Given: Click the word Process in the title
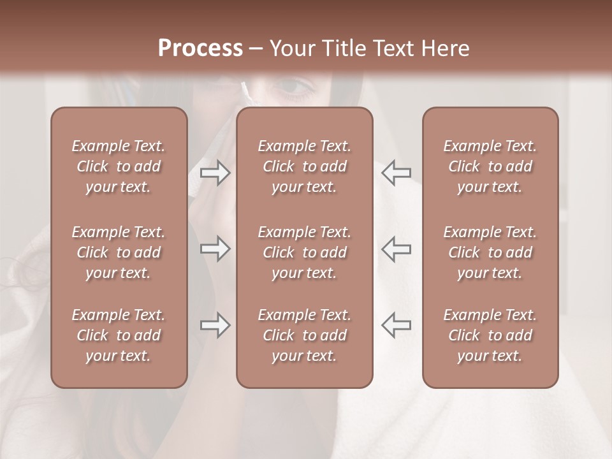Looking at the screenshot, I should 200,48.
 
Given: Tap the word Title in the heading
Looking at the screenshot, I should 344,48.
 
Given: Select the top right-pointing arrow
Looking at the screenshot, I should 215,173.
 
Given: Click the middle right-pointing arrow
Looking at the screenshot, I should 215,249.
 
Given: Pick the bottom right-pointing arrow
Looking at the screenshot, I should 215,325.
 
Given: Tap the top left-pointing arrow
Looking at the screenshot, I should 396,173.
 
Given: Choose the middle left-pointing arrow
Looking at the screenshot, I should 396,249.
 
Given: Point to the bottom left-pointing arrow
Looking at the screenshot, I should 396,325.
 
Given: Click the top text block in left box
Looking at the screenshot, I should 119,166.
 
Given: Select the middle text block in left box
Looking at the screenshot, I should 119,252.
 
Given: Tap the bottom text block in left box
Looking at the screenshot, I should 119,335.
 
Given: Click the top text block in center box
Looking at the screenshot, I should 305,166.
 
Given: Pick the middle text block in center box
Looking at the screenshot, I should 305,252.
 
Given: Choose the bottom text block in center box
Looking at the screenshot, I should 305,335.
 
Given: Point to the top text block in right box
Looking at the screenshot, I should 490,166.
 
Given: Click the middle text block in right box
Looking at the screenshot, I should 490,252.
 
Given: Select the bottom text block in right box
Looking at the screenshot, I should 490,335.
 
